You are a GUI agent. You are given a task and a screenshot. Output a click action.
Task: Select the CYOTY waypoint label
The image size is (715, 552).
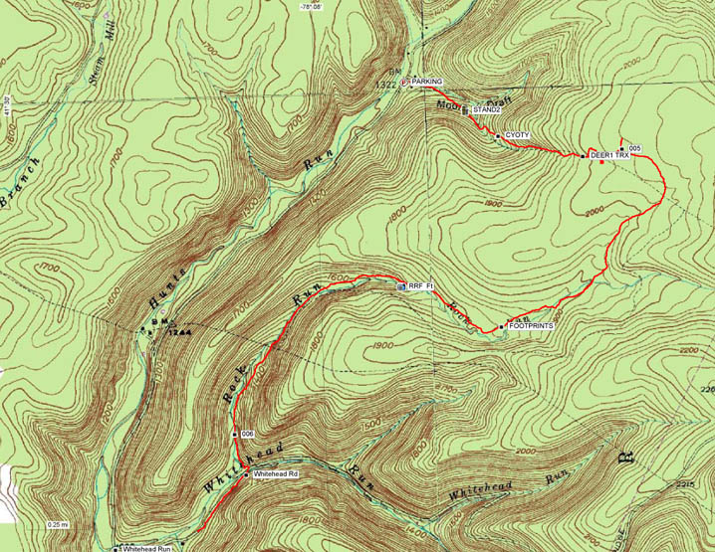[516, 134]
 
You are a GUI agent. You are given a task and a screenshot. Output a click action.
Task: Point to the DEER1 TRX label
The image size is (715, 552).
[610, 156]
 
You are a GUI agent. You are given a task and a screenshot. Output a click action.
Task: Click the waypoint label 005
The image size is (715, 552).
[634, 148]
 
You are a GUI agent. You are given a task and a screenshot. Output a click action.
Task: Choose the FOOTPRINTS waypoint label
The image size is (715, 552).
[530, 325]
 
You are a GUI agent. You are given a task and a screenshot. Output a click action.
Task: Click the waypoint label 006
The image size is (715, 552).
[248, 435]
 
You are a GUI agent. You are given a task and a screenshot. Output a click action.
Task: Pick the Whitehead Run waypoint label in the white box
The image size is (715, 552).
[148, 548]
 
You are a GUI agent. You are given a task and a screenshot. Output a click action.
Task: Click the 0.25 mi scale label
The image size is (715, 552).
[58, 524]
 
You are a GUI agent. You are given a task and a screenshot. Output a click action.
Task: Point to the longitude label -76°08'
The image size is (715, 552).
[312, 6]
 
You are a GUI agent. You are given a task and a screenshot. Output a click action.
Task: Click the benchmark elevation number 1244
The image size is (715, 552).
[180, 332]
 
